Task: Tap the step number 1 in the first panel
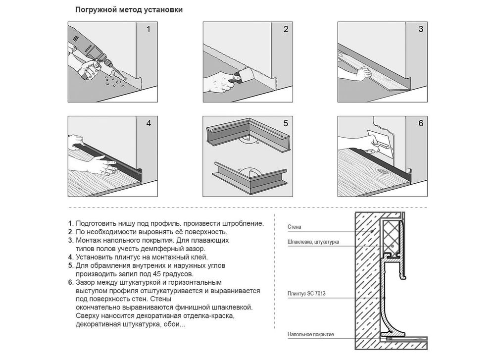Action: pos(148,29)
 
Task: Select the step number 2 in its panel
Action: pos(286,29)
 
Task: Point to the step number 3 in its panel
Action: pos(421,29)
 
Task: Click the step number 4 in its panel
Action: pos(148,123)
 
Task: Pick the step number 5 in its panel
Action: pos(286,123)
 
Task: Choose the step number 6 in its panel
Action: pos(421,123)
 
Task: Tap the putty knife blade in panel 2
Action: pos(247,75)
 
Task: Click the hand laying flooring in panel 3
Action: pos(363,73)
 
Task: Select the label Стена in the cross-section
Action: pos(294,227)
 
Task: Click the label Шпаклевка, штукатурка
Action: pos(313,242)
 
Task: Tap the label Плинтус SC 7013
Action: pos(306,293)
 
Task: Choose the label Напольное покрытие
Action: pos(311,334)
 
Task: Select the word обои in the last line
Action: pos(178,324)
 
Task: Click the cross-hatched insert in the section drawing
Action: pos(392,237)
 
